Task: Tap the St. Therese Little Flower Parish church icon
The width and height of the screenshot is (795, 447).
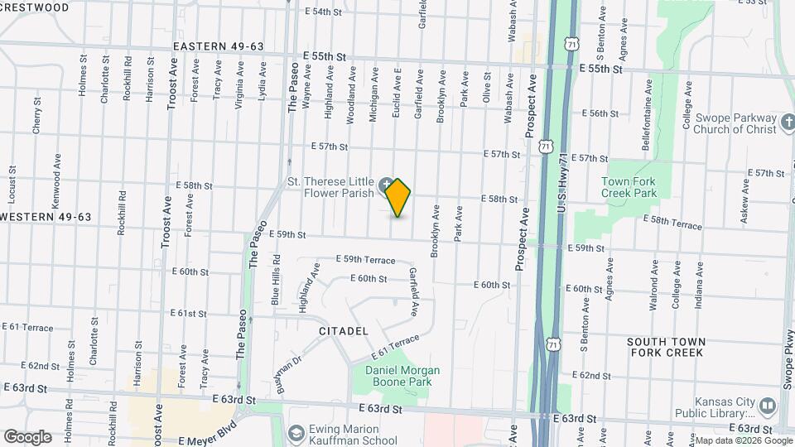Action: click(x=387, y=184)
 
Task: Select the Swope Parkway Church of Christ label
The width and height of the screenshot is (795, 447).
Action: click(x=724, y=123)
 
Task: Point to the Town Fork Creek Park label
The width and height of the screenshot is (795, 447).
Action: click(x=629, y=187)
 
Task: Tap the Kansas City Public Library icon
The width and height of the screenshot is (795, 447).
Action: click(x=766, y=406)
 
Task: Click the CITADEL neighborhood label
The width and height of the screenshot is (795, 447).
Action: click(x=343, y=331)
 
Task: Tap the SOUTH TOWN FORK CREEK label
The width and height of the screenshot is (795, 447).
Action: click(x=666, y=347)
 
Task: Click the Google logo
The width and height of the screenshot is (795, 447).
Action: click(x=27, y=437)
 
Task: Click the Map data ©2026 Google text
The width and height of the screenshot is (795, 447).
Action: click(x=743, y=440)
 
